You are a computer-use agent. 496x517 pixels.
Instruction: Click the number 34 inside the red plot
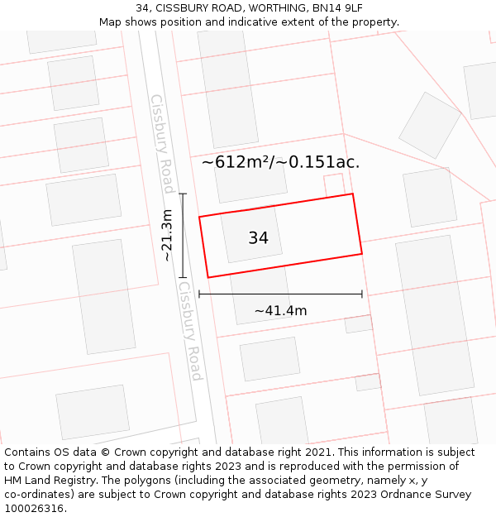click(x=258, y=238)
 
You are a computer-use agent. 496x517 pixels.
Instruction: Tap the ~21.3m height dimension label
click(x=167, y=236)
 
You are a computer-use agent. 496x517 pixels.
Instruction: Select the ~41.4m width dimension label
click(x=280, y=311)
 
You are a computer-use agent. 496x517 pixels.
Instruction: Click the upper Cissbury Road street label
click(x=162, y=143)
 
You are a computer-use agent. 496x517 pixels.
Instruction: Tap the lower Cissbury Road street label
click(x=190, y=331)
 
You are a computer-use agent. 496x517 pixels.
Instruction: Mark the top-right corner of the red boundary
click(x=353, y=194)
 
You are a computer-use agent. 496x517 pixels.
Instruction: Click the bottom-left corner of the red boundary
click(x=207, y=277)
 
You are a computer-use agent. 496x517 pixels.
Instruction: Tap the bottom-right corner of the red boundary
click(x=362, y=253)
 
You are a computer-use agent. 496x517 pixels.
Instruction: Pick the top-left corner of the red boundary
click(x=199, y=218)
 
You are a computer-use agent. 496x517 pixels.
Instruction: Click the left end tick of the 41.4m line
click(x=199, y=294)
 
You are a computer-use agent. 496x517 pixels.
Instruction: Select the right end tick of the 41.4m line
click(x=362, y=294)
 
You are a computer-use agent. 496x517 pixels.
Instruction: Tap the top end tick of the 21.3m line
click(x=184, y=194)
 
